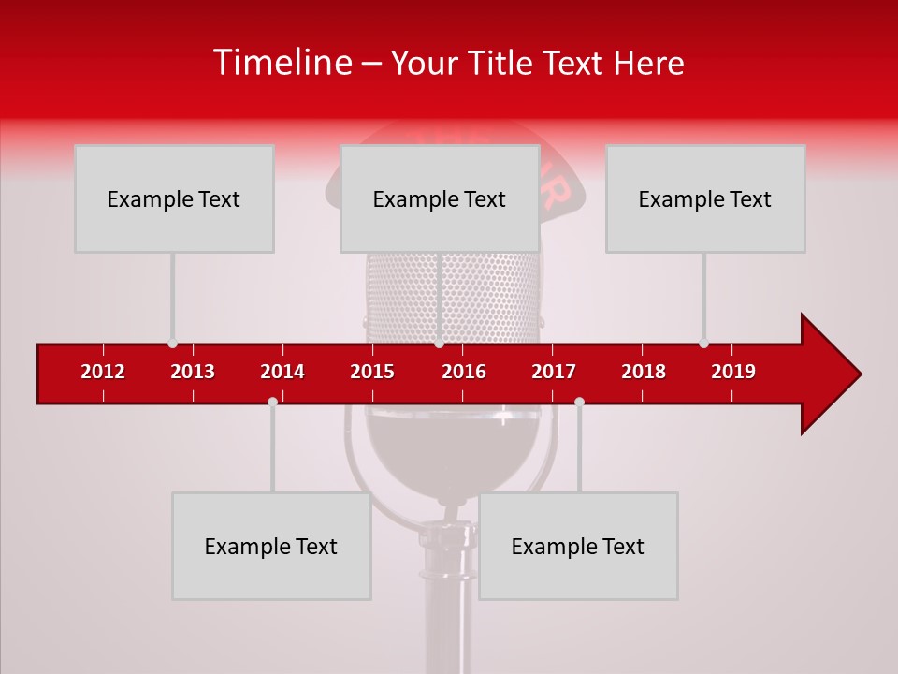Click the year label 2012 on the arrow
pos(103,372)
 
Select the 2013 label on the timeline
pos(193,372)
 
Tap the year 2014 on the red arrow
pos(282,372)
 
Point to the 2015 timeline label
pos(372,372)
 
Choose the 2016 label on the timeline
pos(464,372)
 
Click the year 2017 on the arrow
pos(554,372)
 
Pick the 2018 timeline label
pos(644,372)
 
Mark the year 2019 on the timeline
pos(733,372)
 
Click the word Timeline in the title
pos(281,63)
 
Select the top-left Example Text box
pos(174,198)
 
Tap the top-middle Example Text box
pos(440,198)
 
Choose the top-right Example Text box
pos(705,198)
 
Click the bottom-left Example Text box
pos(271,546)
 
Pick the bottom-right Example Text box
pos(578,546)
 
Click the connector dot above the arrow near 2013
pos(172,344)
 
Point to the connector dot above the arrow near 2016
pos(440,344)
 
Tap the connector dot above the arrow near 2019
pos(703,344)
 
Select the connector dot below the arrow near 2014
pos(272,402)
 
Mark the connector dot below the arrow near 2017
pos(579,402)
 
